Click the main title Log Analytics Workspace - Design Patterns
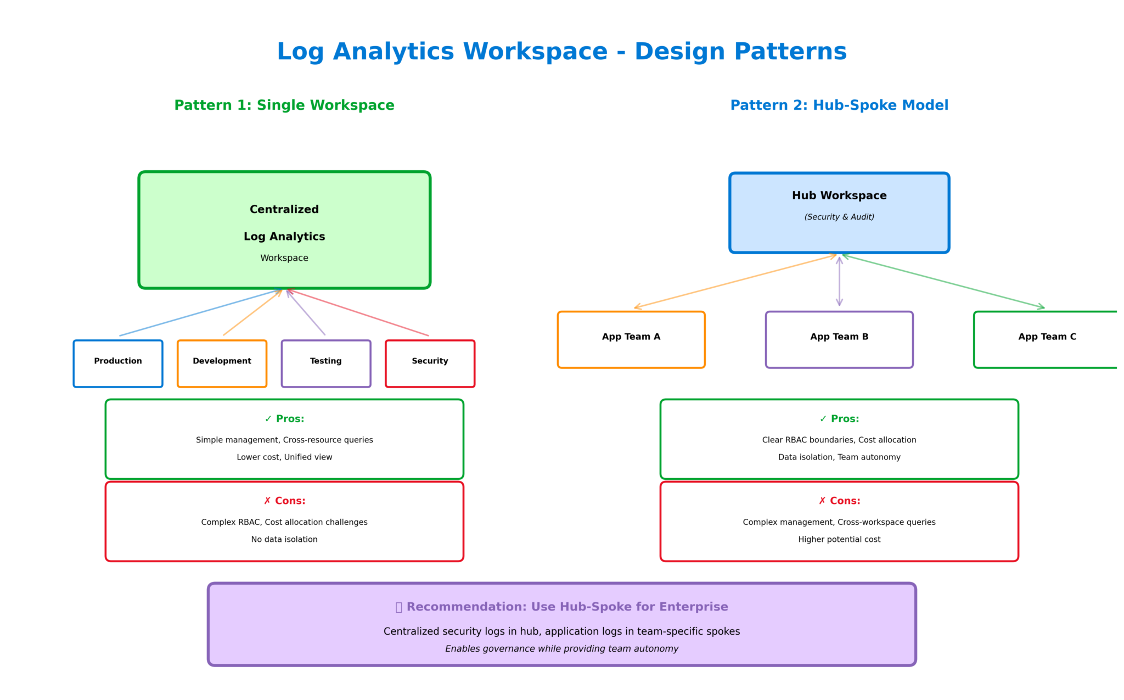point(561,52)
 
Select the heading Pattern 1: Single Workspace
point(284,105)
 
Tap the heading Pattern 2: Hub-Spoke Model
point(839,105)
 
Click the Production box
point(118,363)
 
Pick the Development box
point(222,363)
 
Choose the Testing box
point(326,363)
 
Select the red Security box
point(430,363)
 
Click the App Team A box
point(631,339)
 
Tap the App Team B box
point(839,339)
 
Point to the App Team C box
point(1046,339)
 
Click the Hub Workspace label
point(839,195)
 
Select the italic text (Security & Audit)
point(839,217)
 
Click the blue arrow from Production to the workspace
point(200,312)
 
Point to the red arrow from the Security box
point(357,312)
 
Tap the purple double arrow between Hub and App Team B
point(839,281)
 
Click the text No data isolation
point(284,539)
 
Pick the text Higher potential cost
point(839,539)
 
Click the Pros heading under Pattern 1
point(284,419)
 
